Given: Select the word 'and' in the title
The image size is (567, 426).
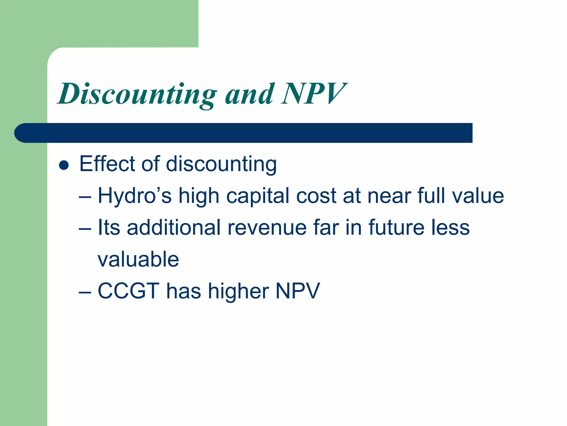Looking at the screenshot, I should (x=249, y=94).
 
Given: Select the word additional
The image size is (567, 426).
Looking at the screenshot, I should (x=174, y=227).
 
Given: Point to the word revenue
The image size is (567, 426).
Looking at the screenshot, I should (x=267, y=227).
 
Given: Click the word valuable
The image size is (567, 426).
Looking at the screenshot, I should (x=138, y=259).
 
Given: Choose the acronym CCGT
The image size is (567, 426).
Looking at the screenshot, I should (x=128, y=291).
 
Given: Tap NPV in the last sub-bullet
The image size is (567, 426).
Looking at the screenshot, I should (x=298, y=291).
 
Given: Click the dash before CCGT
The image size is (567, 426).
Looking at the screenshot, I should (x=85, y=293).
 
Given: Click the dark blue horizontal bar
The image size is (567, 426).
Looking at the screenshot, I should (x=244, y=133).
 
